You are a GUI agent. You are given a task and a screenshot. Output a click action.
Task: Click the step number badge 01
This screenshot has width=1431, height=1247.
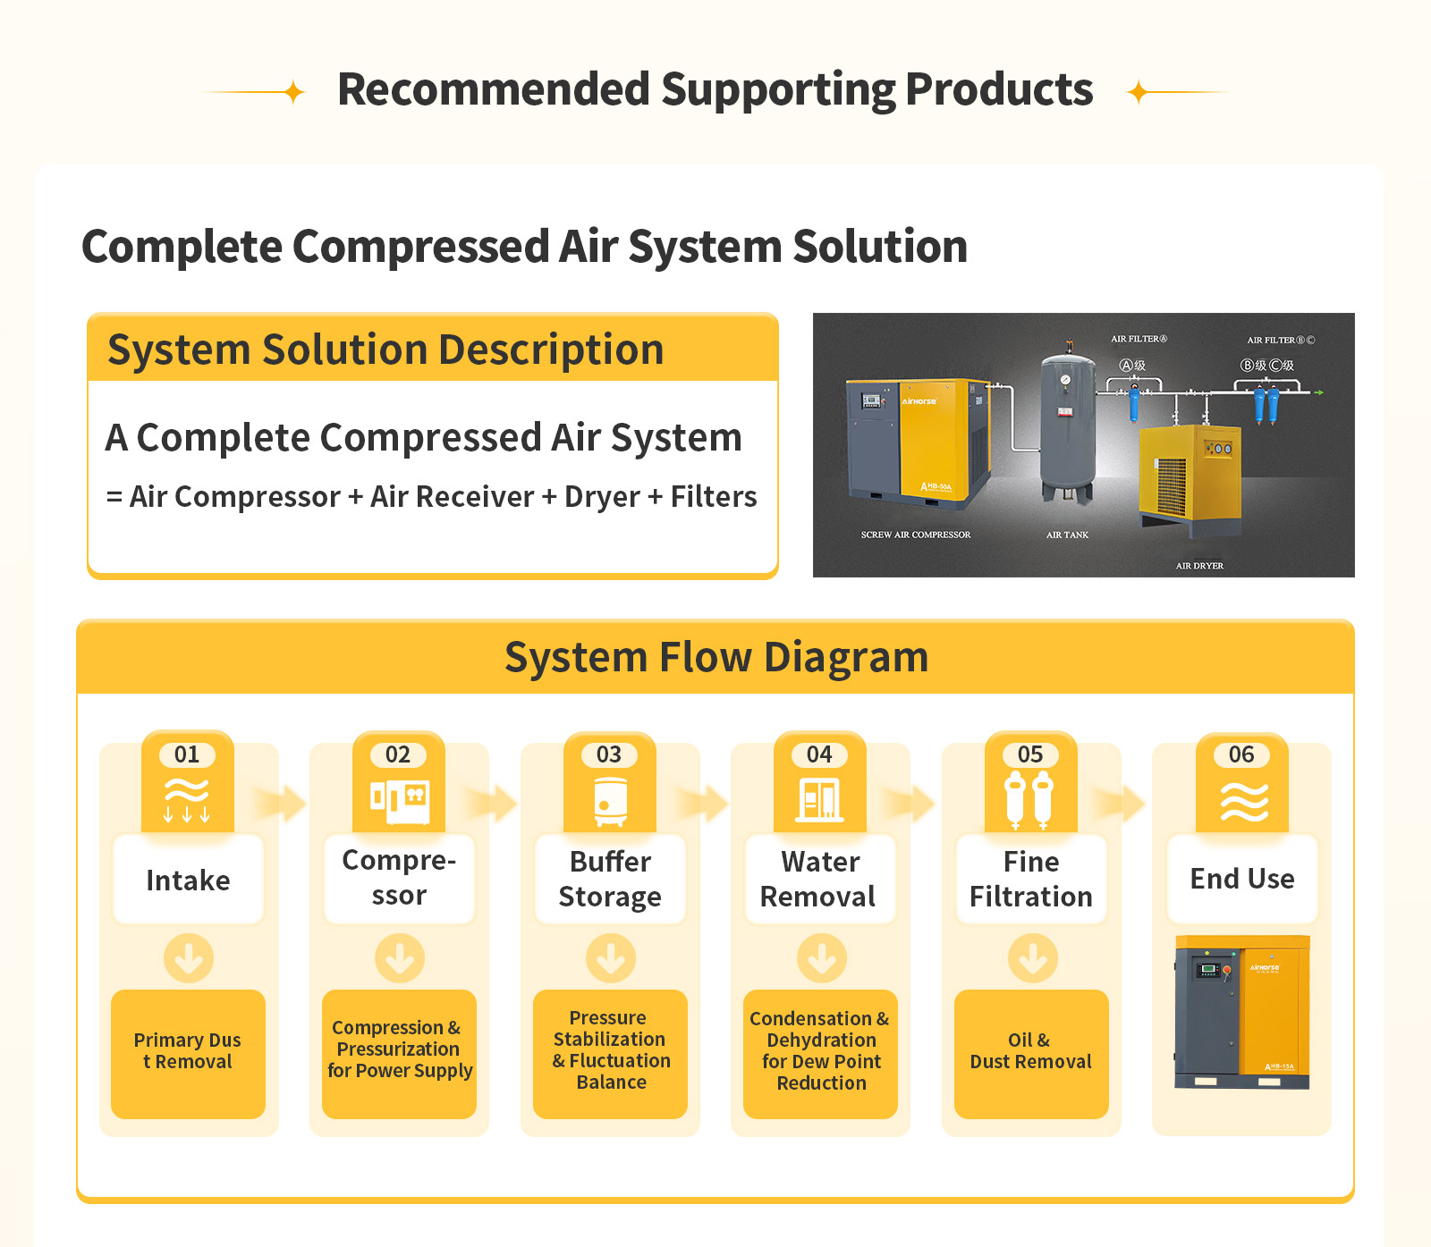click(187, 754)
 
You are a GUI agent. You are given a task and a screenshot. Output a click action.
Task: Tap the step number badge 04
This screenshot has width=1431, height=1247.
click(819, 754)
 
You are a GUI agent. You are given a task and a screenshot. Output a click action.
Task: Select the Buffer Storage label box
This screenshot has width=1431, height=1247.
click(610, 879)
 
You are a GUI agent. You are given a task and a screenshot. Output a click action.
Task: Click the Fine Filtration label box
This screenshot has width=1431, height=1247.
click(1031, 879)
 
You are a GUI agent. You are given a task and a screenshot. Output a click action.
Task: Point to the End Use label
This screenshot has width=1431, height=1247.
click(1242, 879)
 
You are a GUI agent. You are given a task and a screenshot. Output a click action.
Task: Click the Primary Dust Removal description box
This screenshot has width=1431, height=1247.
click(188, 1053)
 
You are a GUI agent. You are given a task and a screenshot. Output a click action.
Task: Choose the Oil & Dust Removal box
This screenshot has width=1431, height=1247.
click(1031, 1053)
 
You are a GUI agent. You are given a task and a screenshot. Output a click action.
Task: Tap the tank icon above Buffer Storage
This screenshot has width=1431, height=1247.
click(610, 800)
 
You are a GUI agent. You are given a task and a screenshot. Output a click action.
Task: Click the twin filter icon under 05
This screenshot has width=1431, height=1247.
click(1029, 800)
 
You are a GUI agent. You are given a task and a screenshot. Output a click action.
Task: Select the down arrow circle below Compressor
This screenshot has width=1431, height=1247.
click(400, 958)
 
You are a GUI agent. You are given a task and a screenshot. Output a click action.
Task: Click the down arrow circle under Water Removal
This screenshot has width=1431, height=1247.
click(822, 958)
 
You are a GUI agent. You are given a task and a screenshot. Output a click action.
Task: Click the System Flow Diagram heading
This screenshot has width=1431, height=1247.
click(716, 658)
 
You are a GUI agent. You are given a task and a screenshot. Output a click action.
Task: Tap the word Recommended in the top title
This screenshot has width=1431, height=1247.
click(493, 89)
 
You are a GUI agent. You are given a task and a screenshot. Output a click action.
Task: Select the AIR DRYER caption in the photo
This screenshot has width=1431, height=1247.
click(1199, 566)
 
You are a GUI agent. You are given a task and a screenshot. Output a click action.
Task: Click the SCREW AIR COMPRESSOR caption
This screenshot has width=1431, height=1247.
click(915, 535)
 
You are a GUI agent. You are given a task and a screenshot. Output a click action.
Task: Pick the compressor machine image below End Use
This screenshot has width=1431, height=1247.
click(1242, 1013)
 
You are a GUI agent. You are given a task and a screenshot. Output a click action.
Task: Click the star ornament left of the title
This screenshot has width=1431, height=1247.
click(293, 92)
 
